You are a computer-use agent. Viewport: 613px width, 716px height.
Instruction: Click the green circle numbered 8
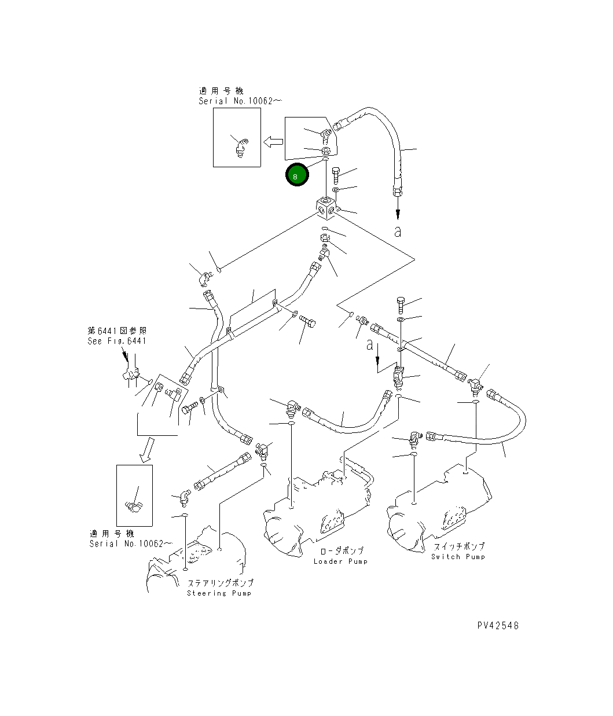pos(297,175)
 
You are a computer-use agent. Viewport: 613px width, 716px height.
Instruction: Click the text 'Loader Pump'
pos(340,561)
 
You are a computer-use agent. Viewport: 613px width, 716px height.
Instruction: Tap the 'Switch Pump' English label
pos(458,557)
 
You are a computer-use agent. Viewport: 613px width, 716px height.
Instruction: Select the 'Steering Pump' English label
pos(219,593)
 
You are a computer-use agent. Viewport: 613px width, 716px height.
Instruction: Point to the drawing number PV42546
pos(498,626)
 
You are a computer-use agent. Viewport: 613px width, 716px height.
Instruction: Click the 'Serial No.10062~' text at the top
pos(232,101)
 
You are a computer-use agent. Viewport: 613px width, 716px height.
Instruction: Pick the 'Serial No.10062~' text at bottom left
pos(131,544)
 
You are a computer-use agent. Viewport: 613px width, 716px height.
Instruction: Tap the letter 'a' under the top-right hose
pos(398,232)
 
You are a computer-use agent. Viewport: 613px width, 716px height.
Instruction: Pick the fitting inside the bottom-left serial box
pos(134,505)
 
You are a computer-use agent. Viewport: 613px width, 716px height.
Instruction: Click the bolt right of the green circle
pos(337,172)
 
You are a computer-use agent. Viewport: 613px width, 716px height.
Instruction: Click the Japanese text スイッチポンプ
pos(459,546)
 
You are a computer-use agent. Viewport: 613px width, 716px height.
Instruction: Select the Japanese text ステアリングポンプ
pos(220,583)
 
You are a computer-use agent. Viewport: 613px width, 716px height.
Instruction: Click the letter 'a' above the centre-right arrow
pos(370,345)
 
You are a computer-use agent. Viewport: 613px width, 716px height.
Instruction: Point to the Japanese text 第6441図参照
pos(117,331)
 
